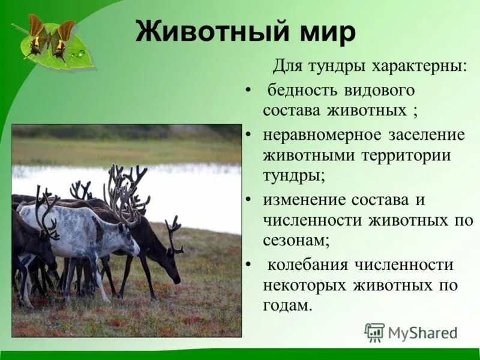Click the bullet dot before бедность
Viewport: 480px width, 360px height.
pyautogui.click(x=248, y=91)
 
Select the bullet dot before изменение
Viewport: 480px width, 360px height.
pyautogui.click(x=248, y=200)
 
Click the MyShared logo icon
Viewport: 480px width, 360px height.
pyautogui.click(x=375, y=332)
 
